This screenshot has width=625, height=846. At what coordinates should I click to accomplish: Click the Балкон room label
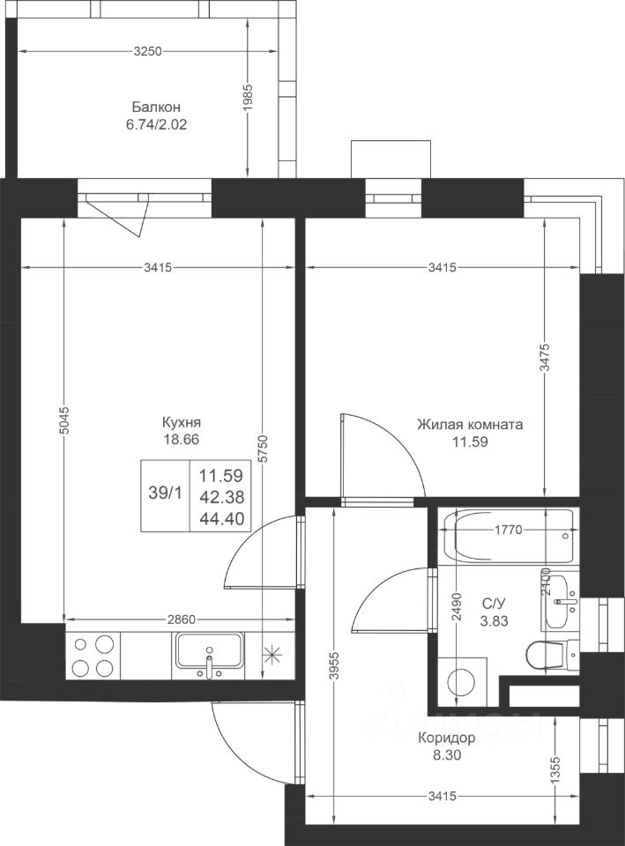coord(156,107)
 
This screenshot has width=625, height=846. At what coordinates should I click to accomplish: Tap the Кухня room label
coord(182,422)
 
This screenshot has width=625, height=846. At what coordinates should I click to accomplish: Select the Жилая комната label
coord(470,425)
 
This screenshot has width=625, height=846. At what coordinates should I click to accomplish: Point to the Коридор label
coord(447,738)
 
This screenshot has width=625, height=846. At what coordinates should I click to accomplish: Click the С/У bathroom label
coord(494,604)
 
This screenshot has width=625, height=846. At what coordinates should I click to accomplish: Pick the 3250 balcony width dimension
coord(147,51)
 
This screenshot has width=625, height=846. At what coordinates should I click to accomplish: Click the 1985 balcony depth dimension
coord(248,97)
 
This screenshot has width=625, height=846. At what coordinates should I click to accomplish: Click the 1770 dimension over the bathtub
coord(509,530)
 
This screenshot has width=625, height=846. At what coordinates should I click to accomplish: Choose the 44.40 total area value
coord(222,519)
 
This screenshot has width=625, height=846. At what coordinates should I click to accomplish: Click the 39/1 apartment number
coord(165,493)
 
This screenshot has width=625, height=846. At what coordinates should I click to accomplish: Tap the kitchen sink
coord(208,655)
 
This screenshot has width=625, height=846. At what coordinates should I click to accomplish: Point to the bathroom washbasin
coord(561,601)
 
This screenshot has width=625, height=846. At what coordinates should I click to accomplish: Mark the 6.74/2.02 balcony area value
coord(157,125)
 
